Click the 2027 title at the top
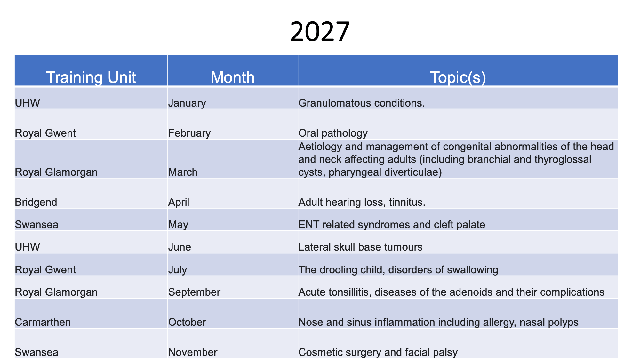point(320,31)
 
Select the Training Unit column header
point(91,77)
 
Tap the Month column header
point(233,77)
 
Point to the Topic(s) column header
point(458,78)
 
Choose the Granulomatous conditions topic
point(362,103)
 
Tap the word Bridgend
point(36,202)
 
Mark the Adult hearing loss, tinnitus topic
point(362,202)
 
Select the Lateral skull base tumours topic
point(360,247)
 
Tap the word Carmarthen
point(43,322)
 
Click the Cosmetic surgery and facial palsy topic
point(378,352)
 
